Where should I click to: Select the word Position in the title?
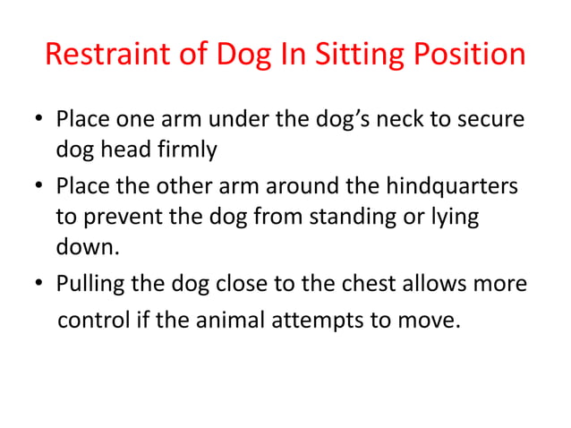(x=473, y=56)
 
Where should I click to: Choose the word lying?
(x=453, y=218)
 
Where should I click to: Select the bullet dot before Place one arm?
(x=40, y=120)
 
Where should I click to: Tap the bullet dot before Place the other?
(x=40, y=187)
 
